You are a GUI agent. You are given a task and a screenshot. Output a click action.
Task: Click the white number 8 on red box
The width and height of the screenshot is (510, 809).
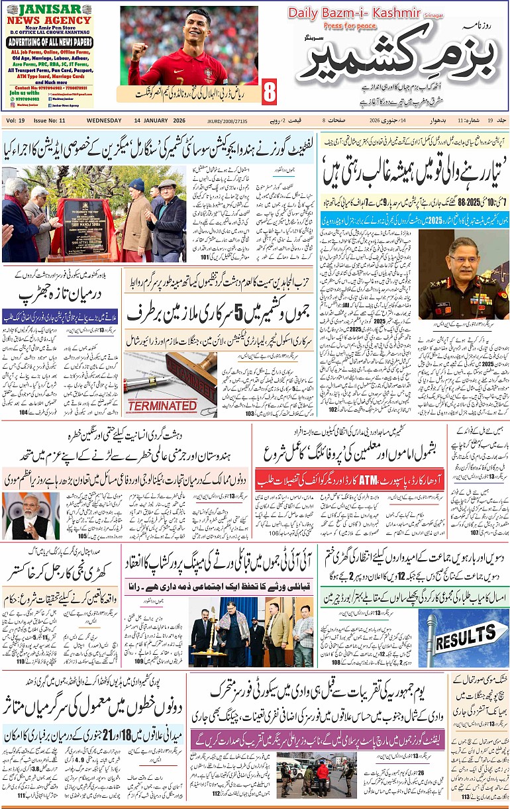(270, 93)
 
